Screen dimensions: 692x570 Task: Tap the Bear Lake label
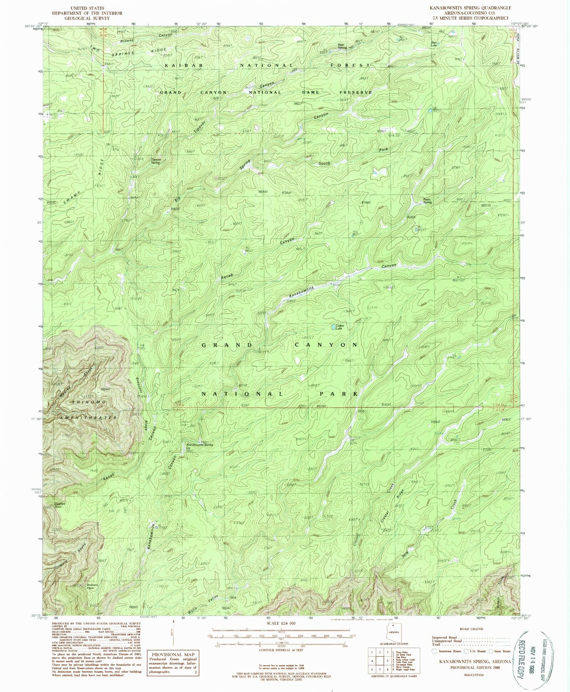pos(434,43)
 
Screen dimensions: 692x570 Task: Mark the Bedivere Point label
pos(90,586)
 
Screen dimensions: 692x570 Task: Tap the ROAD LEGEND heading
pos(471,629)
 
